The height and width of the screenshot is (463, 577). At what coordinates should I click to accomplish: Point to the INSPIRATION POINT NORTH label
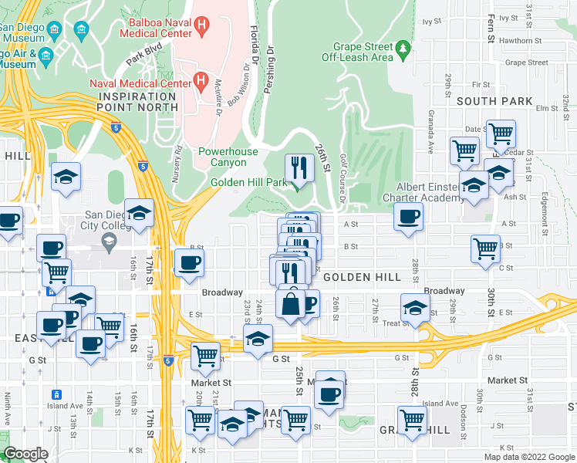tap(137, 101)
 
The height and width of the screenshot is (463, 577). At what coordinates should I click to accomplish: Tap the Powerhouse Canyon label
tap(222, 157)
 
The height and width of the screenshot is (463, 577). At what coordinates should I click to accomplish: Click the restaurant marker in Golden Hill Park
tap(298, 167)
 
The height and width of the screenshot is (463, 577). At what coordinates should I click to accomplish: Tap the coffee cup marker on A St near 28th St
tap(408, 216)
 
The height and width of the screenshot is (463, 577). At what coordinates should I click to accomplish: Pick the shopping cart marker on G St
tap(204, 355)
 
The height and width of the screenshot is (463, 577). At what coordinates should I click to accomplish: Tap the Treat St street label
tap(396, 323)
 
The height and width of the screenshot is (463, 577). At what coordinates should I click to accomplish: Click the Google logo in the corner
tap(25, 454)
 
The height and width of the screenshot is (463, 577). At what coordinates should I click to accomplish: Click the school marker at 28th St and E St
tap(415, 308)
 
